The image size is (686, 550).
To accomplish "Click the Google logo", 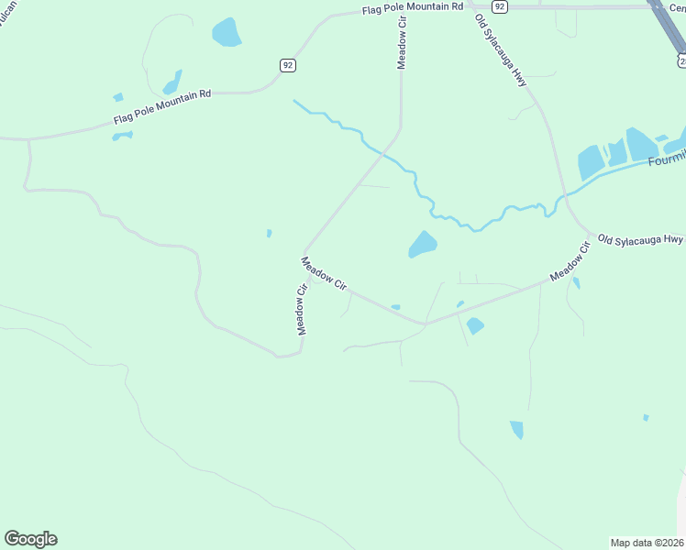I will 30,539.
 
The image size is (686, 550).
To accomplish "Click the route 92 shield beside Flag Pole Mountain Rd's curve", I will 288,65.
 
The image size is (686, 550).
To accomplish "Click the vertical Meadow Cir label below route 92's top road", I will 401,42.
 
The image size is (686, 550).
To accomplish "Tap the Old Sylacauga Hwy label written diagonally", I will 502,51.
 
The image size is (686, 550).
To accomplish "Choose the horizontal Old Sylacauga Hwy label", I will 640,239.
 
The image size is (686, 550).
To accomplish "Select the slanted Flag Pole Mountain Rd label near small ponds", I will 162,107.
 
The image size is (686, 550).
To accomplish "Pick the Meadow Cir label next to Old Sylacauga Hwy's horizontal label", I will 569,262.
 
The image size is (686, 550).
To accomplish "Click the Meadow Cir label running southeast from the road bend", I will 325,274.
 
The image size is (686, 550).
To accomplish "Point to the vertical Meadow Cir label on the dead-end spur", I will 300,310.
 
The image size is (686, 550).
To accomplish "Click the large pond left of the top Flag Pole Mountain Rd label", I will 226,33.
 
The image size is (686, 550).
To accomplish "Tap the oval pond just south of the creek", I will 422,244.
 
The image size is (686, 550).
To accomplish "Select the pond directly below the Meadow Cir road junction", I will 474,325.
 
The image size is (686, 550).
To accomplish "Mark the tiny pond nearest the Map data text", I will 646,418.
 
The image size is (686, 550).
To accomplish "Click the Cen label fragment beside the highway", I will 677,5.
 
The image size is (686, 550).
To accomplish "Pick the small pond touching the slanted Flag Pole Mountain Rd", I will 122,136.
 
